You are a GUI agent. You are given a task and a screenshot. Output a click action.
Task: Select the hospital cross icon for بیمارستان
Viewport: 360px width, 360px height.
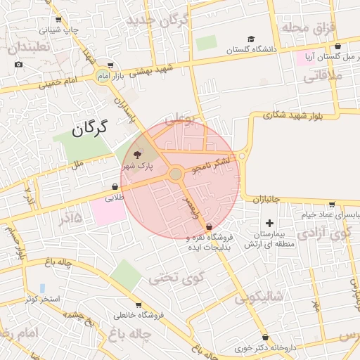point(269,223)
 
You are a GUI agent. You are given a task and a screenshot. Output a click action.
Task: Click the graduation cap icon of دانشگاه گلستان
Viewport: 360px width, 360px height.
point(251,39)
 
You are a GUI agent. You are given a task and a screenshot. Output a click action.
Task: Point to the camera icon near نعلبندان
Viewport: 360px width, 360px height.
point(18,65)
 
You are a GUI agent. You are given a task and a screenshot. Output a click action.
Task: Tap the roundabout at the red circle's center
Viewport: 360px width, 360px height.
point(176,174)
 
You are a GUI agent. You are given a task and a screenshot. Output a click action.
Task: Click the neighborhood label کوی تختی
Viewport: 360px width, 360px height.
point(176,276)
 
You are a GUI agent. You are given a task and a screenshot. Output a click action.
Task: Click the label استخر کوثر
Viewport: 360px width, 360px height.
point(44,299)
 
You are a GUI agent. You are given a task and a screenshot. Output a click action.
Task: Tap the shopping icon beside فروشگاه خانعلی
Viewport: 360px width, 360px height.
point(139,304)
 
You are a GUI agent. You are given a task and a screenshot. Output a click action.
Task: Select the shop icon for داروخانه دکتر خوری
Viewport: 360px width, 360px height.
point(265,337)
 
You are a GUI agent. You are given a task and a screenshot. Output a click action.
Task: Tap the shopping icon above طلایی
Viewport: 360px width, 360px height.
point(114,187)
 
